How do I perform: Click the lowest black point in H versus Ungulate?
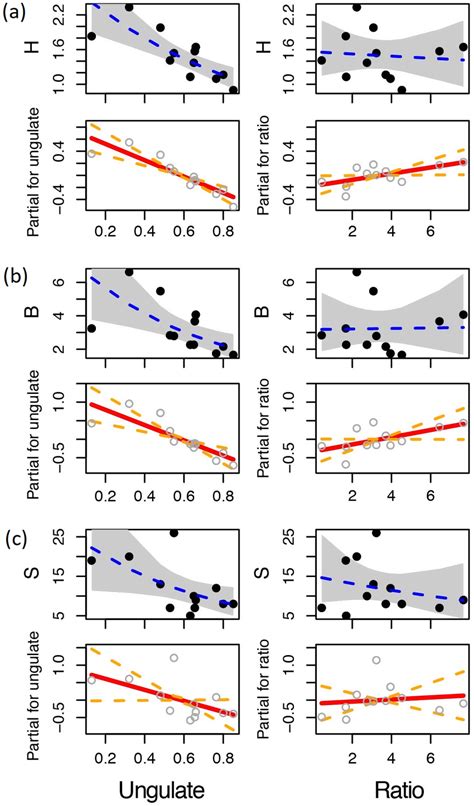pyautogui.click(x=233, y=90)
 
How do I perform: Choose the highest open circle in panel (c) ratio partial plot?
pyautogui.click(x=376, y=660)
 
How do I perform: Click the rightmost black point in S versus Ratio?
pyautogui.click(x=463, y=600)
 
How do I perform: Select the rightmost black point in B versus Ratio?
pyautogui.click(x=463, y=315)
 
